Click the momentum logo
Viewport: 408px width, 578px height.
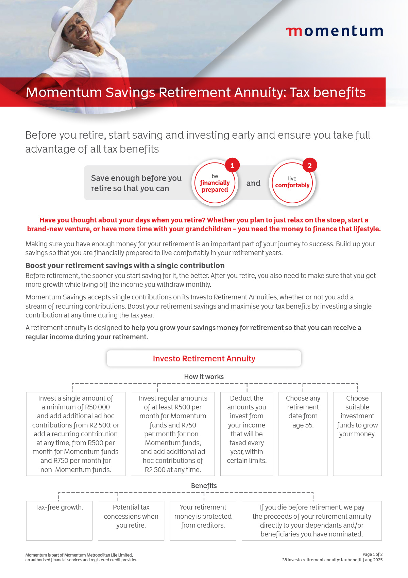pos(335,31)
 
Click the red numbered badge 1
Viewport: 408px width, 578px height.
pos(232,166)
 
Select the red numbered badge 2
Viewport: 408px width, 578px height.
pos(309,166)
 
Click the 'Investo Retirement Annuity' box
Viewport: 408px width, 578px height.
pos(204,359)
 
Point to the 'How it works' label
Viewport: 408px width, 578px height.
pos(204,377)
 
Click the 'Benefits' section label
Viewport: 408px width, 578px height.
pos(204,486)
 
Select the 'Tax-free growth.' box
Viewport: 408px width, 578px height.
pos(59,520)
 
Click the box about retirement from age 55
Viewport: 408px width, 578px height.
pos(303,434)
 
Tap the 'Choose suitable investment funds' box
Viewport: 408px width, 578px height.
pos(357,434)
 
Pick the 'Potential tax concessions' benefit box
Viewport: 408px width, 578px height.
pos(131,520)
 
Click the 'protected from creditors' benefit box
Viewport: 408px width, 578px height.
pos(203,520)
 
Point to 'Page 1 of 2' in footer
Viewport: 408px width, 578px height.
pos(372,554)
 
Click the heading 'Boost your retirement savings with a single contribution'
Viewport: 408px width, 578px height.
pos(125,266)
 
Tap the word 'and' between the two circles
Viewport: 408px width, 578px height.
pos(253,183)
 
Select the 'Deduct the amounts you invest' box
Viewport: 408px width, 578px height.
pos(247,434)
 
